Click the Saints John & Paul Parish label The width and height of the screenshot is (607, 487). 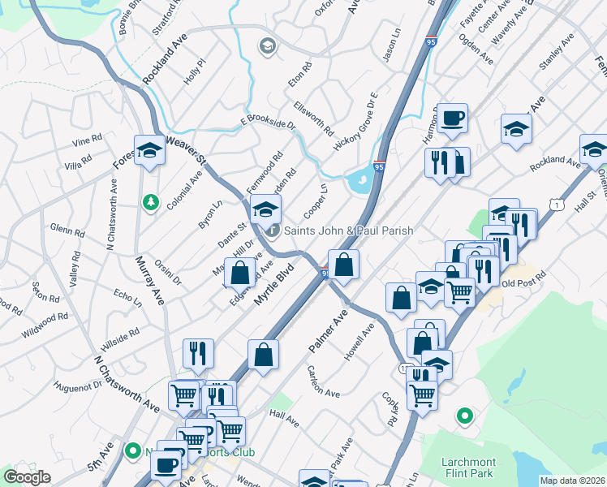click(x=347, y=231)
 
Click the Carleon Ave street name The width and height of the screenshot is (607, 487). click(x=323, y=379)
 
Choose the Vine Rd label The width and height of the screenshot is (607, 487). click(x=86, y=140)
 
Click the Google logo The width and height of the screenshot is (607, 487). click(x=27, y=477)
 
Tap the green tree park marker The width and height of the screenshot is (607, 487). click(x=149, y=200)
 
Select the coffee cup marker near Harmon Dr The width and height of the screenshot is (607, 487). click(x=454, y=119)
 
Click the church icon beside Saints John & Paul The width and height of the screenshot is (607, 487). click(x=273, y=231)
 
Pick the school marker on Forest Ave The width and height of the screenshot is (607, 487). click(x=149, y=149)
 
